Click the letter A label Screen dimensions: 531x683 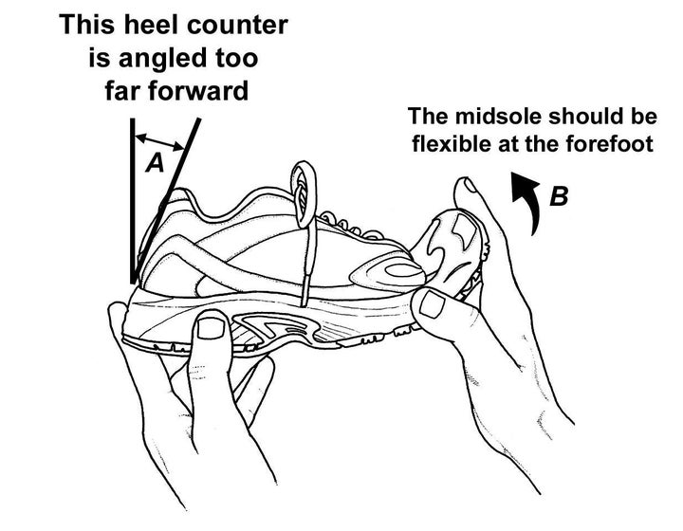click(x=156, y=163)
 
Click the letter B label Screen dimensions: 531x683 click(x=560, y=196)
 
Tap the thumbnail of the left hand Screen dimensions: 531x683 click(x=212, y=328)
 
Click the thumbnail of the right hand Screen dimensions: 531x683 click(x=434, y=304)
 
